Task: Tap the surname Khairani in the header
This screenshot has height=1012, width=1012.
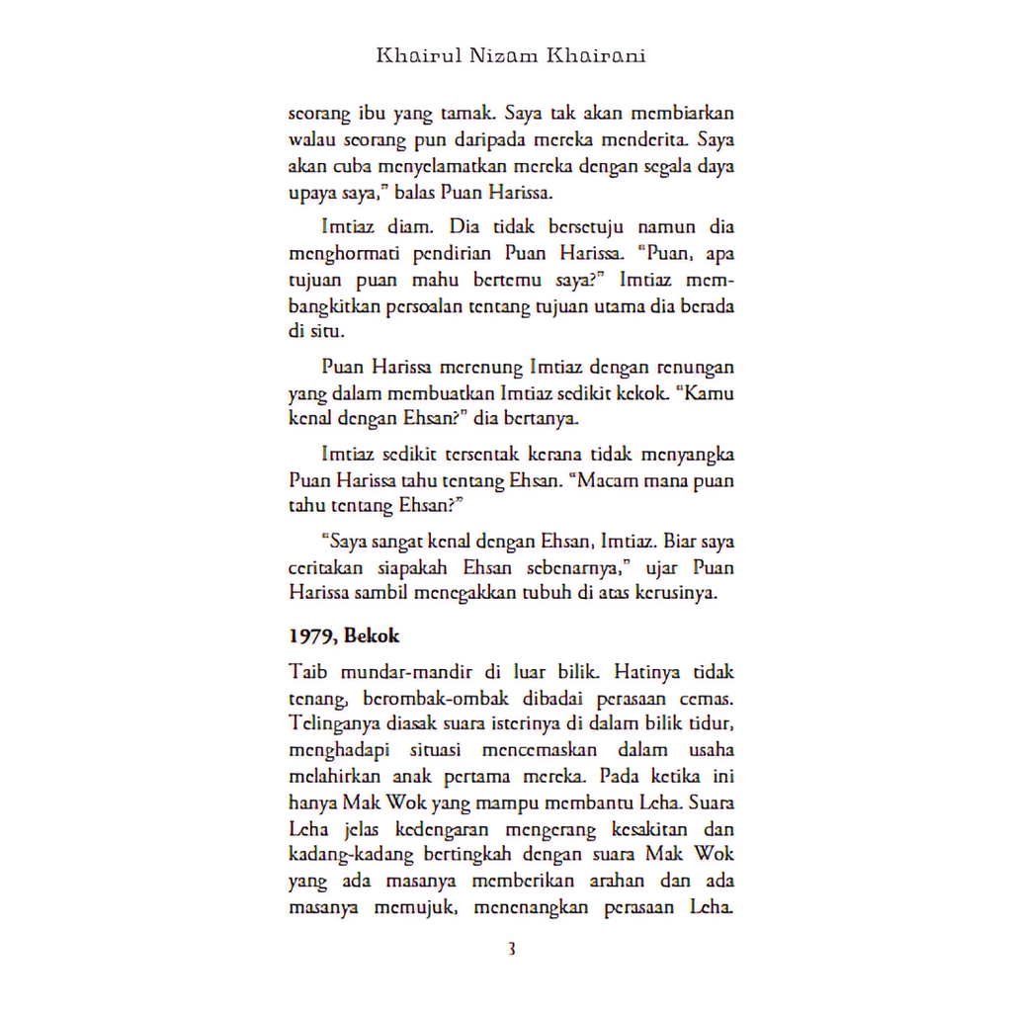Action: click(596, 55)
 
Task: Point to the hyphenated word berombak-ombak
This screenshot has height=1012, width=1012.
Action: click(427, 698)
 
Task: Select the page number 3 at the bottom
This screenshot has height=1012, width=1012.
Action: click(511, 951)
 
